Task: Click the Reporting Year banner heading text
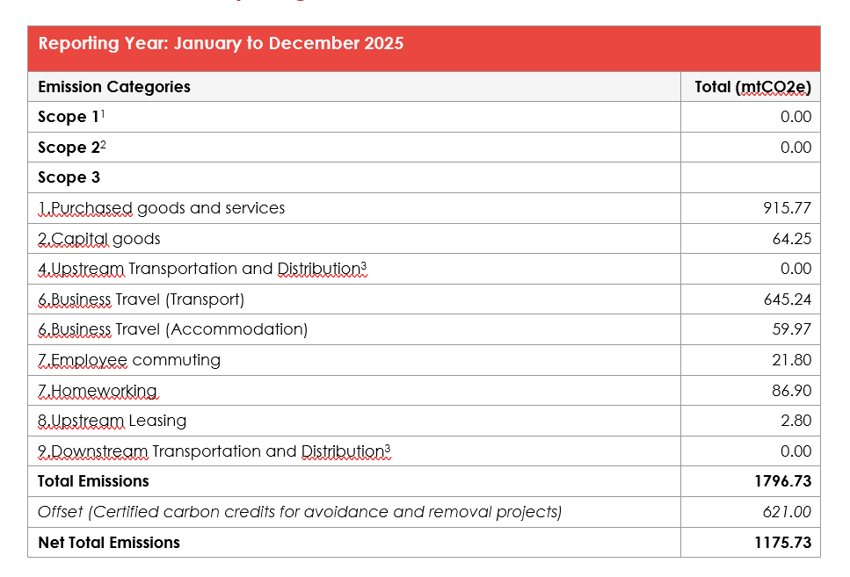[222, 44]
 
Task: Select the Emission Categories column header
[114, 87]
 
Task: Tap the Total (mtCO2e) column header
[753, 87]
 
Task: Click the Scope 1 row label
[71, 117]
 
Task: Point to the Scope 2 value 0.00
[796, 148]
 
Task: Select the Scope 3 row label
[69, 177]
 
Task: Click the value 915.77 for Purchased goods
[787, 208]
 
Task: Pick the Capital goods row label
[99, 239]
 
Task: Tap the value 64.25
[792, 239]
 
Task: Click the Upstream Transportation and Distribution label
[202, 269]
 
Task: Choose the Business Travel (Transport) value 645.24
[787, 299]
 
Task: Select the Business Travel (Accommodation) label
[173, 329]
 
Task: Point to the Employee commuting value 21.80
[792, 360]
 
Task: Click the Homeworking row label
[98, 391]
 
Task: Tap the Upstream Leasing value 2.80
[796, 421]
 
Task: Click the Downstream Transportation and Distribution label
[214, 451]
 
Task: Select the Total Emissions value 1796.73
[783, 481]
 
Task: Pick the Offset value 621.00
[787, 512]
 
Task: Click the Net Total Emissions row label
[109, 543]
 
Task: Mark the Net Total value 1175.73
[783, 543]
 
